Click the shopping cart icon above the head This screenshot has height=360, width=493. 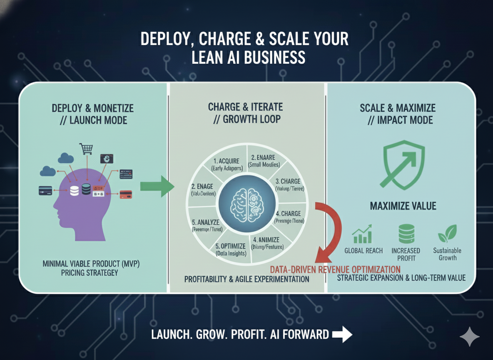86,149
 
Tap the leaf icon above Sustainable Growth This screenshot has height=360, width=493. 447,233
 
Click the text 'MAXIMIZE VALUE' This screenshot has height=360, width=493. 403,205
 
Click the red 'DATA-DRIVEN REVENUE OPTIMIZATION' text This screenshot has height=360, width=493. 335,269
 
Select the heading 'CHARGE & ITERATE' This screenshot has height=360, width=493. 245,107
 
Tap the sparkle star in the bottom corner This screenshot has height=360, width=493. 470,337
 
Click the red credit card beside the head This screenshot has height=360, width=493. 126,195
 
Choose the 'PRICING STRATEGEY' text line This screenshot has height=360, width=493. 80,273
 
